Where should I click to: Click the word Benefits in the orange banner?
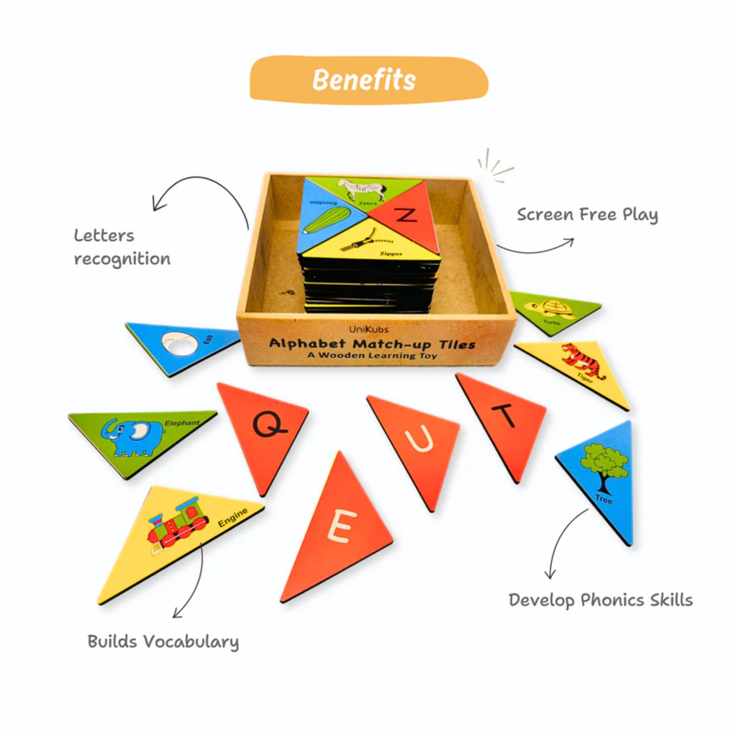click(364, 80)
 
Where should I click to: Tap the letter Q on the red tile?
click(269, 424)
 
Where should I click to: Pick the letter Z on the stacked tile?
click(405, 214)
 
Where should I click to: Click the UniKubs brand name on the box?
click(368, 329)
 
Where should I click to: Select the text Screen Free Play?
click(587, 214)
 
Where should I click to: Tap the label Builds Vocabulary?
click(163, 642)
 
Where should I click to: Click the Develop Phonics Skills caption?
click(600, 600)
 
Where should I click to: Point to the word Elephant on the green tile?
click(182, 423)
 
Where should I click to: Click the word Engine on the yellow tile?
click(233, 517)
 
